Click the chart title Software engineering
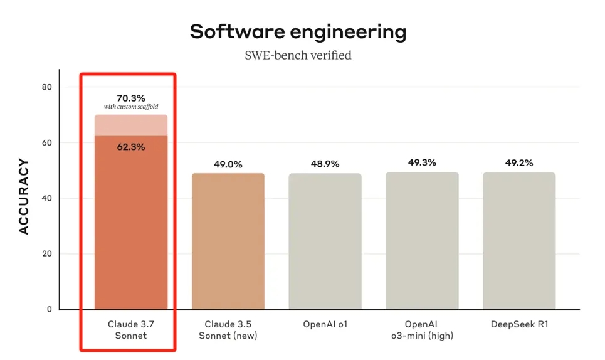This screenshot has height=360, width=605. point(298,31)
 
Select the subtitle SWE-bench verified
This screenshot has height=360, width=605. point(298,55)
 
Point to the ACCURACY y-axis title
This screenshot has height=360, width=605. point(24,197)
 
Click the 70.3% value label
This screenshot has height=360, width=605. point(131,98)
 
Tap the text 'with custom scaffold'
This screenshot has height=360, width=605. point(131,107)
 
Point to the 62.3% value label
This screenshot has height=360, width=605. point(131,147)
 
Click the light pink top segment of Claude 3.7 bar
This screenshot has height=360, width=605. point(131,125)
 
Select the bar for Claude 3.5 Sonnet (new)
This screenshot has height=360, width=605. point(228,241)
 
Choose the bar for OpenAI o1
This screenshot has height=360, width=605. point(325,241)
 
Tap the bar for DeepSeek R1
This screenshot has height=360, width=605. point(519,241)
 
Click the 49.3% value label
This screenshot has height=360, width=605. point(422,162)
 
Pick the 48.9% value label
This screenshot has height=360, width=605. point(325,164)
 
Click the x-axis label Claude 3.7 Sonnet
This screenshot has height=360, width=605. point(131,330)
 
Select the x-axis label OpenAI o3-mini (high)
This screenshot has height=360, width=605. point(422,330)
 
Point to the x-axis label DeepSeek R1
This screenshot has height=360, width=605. point(519,324)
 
